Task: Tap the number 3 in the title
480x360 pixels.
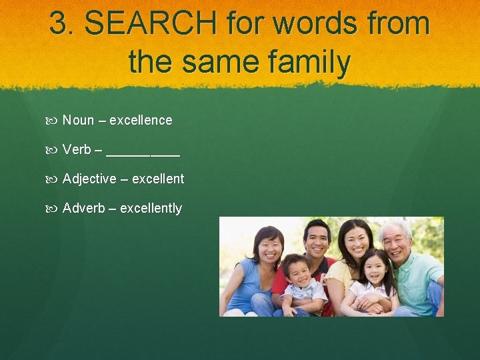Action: (59, 24)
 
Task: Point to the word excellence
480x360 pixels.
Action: (141, 121)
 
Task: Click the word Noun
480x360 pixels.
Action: (78, 121)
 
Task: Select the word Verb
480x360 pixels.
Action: (77, 150)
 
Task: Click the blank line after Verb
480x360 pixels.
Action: (143, 153)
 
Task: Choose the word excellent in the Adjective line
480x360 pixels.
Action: (158, 179)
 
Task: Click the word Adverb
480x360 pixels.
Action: (84, 209)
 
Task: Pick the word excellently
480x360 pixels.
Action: (151, 209)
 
